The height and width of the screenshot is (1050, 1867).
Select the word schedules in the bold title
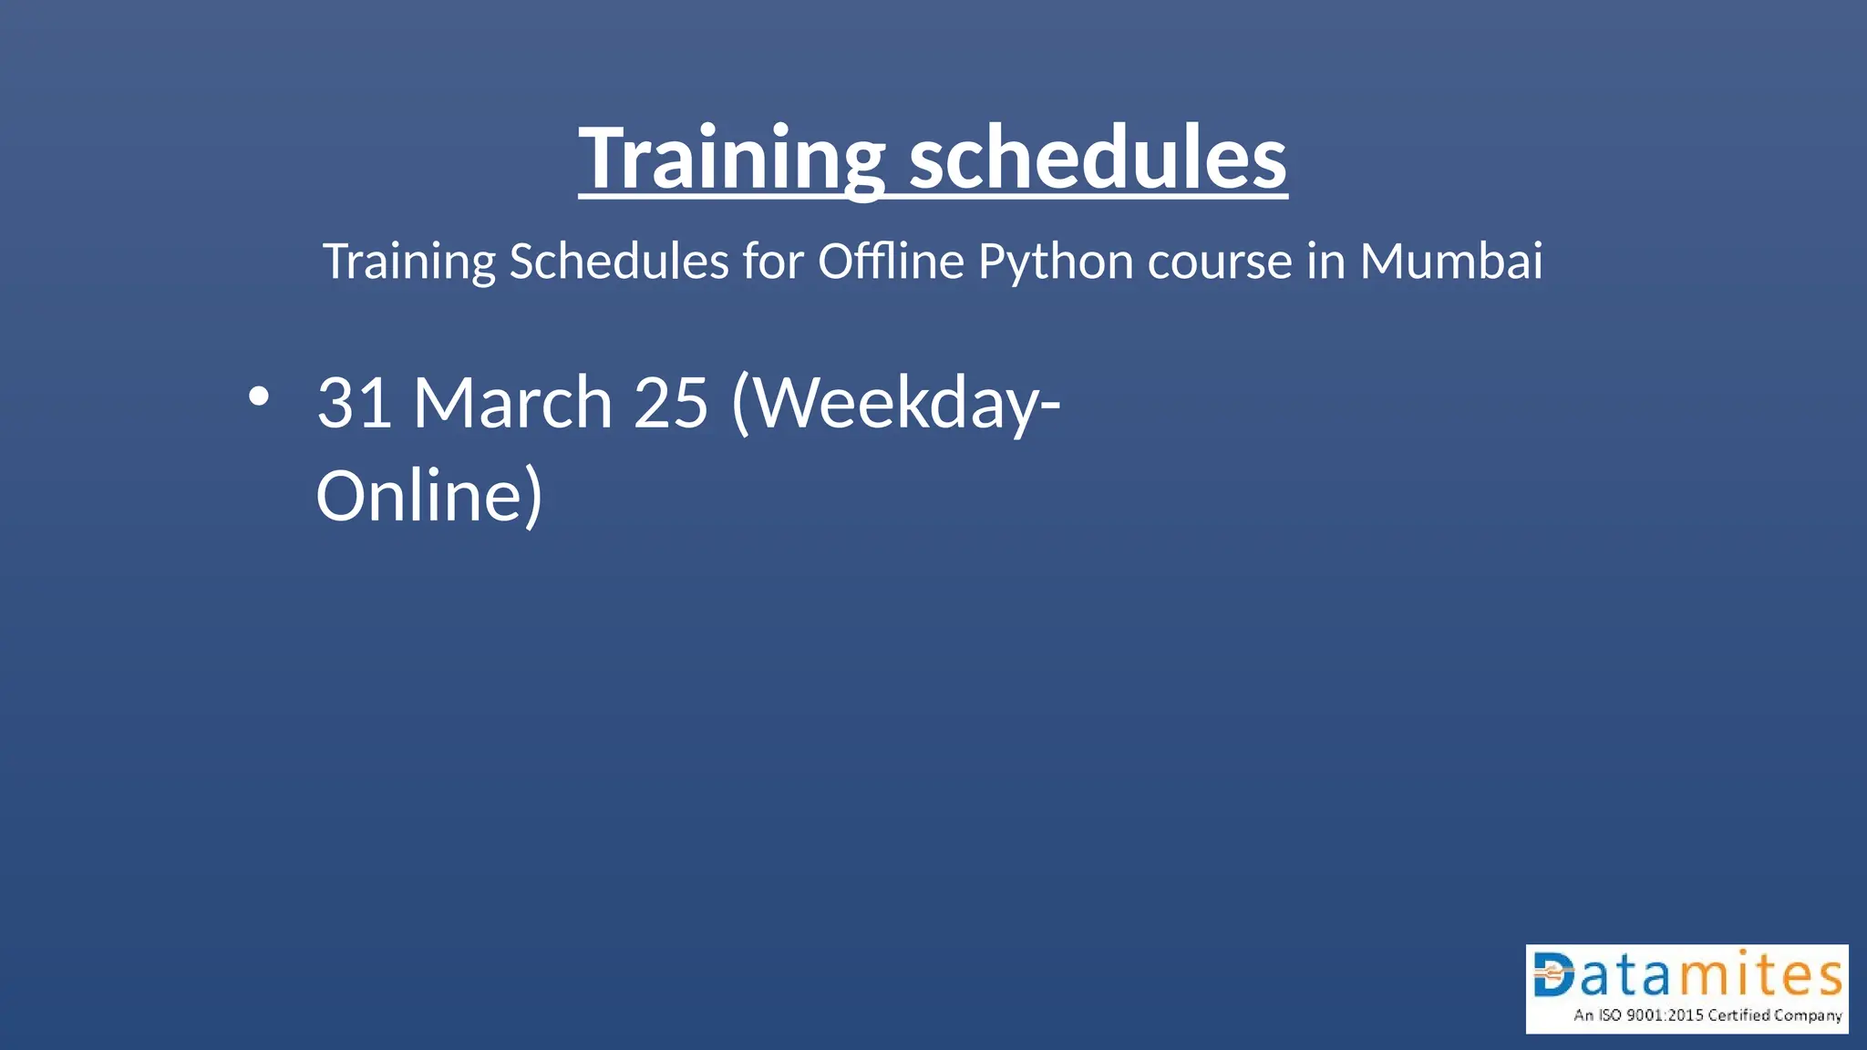[1098, 159]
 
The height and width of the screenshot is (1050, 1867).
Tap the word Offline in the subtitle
[891, 262]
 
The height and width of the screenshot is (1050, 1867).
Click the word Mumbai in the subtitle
[1451, 262]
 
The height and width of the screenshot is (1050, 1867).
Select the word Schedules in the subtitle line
[619, 262]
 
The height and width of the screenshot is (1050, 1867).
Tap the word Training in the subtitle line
[409, 262]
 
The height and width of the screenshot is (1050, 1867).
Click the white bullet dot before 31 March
[259, 396]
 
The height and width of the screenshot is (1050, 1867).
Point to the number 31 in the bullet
[355, 403]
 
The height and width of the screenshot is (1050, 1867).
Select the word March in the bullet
[512, 403]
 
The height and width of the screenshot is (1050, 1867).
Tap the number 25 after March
[671, 403]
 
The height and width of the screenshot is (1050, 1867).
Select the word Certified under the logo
[1738, 1015]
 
